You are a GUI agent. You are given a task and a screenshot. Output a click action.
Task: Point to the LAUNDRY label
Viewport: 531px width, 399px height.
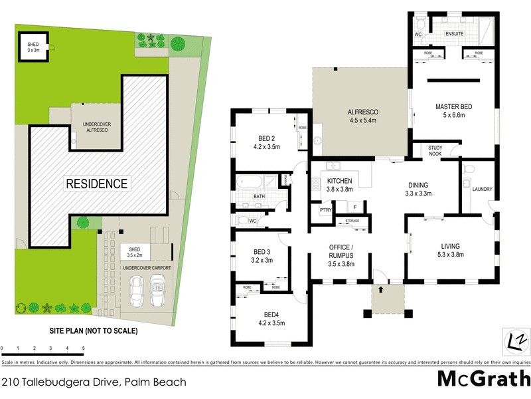click(x=483, y=190)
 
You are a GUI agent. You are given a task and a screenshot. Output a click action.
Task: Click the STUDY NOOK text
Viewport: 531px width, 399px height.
click(x=435, y=151)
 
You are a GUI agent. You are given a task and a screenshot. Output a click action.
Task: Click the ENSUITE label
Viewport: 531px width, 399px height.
click(x=454, y=33)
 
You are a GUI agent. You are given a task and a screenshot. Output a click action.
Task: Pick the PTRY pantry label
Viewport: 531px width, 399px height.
click(x=325, y=210)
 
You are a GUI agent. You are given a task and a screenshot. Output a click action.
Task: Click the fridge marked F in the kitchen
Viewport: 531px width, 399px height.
click(x=355, y=207)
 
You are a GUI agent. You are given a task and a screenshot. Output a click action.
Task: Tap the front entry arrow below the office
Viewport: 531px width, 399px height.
click(x=382, y=289)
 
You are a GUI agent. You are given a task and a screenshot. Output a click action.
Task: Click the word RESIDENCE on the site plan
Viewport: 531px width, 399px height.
click(x=96, y=183)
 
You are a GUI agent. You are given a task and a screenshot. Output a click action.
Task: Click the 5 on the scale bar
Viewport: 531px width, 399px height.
click(x=84, y=348)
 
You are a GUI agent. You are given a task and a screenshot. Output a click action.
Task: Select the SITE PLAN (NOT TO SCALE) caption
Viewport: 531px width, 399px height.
click(x=93, y=331)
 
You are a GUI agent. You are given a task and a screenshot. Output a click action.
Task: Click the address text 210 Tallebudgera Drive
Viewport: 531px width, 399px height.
click(x=94, y=382)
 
